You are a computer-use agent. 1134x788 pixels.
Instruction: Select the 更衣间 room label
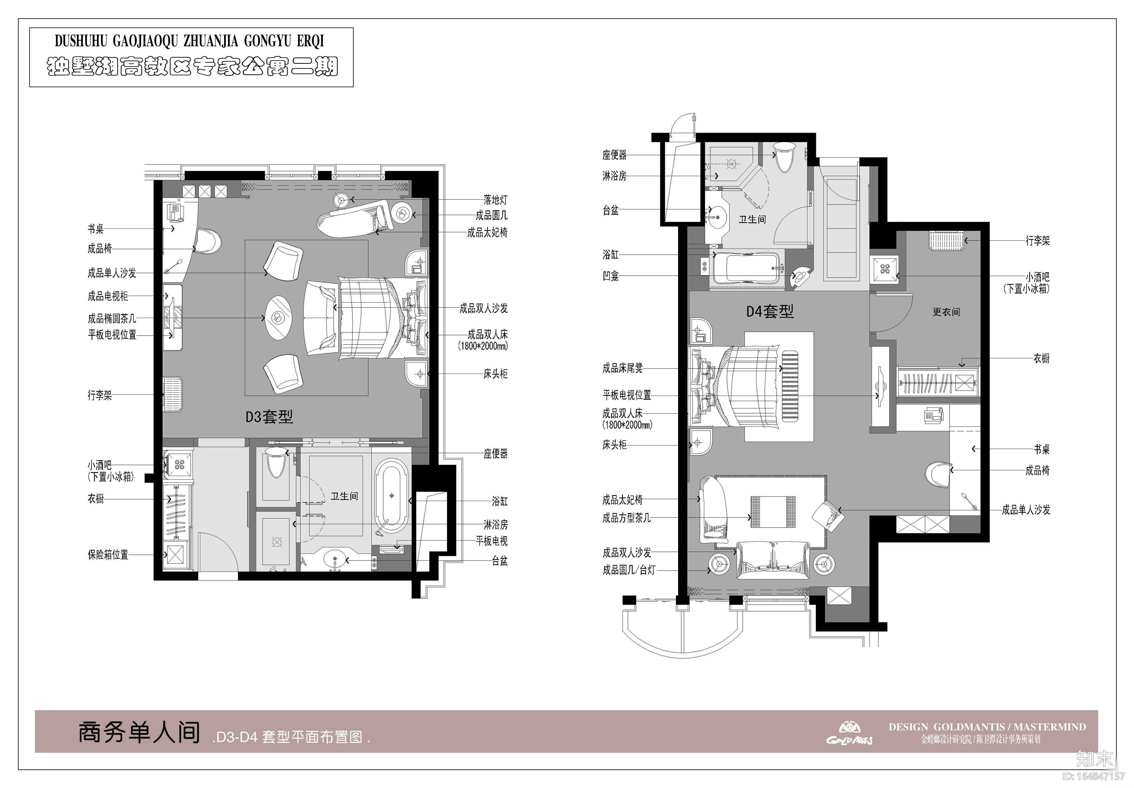(946, 312)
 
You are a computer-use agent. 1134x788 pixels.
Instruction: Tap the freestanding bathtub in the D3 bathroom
(392, 496)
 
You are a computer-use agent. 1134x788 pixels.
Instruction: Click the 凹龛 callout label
(611, 276)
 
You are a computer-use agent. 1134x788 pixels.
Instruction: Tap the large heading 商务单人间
(139, 732)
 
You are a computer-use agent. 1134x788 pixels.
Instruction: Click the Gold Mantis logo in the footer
(849, 733)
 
